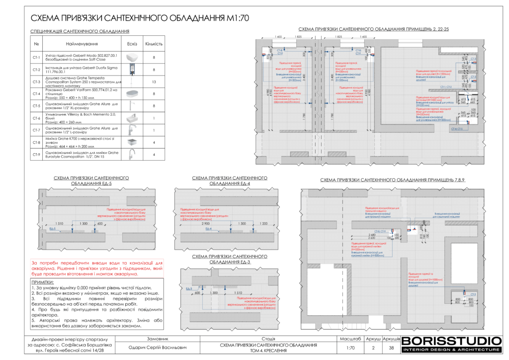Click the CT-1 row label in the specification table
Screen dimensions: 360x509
coord(36,58)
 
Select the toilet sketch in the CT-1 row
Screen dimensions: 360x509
coord(132,58)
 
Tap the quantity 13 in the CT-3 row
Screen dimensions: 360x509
coord(154,82)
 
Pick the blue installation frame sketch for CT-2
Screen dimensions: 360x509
coord(132,70)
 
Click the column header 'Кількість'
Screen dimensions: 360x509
coord(154,44)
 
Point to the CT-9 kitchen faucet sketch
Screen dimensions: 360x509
coord(132,154)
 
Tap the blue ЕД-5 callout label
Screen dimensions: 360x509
coord(53,229)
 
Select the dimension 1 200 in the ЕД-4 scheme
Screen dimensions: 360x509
coord(263,224)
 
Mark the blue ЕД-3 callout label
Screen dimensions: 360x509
coord(189,289)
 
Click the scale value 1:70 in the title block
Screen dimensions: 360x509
coord(350,348)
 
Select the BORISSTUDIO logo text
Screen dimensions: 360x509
coord(451,341)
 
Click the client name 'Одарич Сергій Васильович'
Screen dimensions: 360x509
coord(158,348)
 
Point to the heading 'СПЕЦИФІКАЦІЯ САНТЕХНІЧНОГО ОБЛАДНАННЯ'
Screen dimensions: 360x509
coord(76,31)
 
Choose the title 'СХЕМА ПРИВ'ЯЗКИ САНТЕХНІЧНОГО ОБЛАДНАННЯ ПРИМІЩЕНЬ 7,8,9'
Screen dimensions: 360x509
coord(392,180)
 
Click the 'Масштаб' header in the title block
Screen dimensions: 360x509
coord(350,339)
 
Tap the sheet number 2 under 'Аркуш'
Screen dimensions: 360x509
coord(373,348)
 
